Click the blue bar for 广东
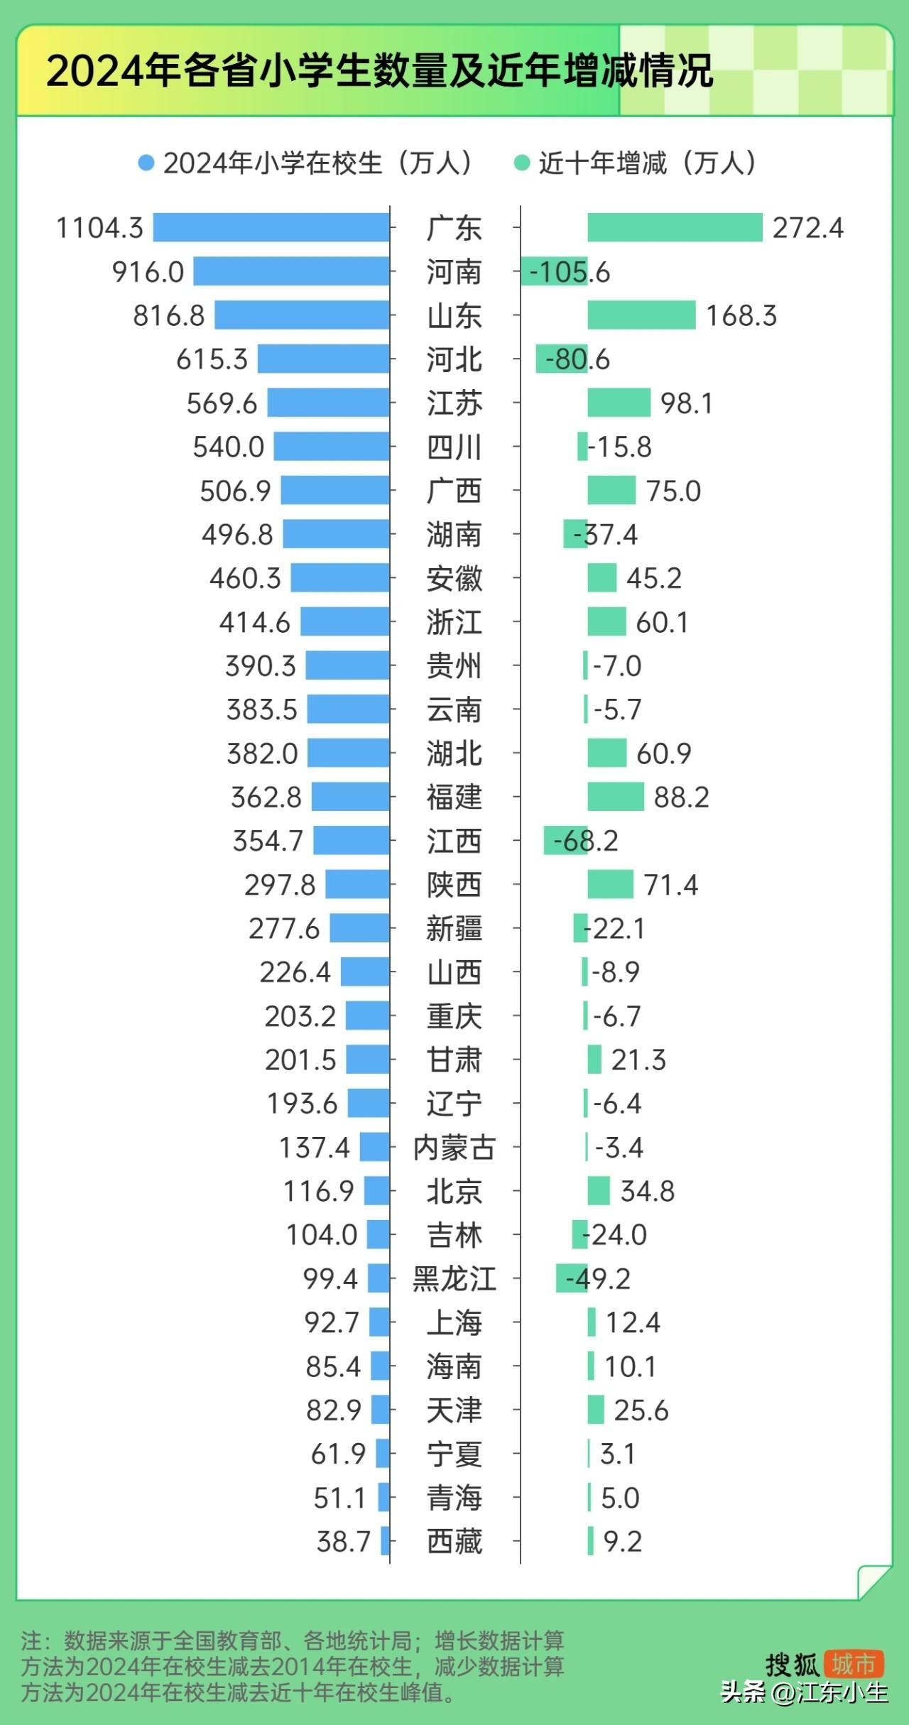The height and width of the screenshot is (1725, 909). coord(271,228)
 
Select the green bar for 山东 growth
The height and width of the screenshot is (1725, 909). coord(641,315)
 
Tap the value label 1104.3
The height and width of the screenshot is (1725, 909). coord(99,228)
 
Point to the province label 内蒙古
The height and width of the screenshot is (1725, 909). coord(454,1148)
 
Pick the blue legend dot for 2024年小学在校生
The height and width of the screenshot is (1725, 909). coord(146,163)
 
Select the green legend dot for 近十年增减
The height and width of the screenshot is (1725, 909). coord(522,163)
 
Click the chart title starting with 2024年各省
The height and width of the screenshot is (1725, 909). coord(379,71)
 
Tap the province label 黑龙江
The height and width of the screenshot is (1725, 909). coord(454,1279)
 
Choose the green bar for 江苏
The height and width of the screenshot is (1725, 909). coord(619,403)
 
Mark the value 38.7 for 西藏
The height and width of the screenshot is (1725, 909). coord(344,1542)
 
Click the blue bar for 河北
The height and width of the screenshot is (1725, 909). coord(323,359)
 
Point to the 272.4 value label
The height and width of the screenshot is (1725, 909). coord(808,228)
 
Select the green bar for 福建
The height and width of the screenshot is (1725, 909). coord(616,797)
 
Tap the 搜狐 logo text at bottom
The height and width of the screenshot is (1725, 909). coord(793,1665)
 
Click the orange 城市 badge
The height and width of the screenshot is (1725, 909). coord(853,1664)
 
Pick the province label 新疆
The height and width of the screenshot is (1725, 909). coord(454,929)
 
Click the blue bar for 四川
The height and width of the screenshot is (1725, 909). coord(332,447)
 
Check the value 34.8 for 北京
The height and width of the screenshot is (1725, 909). coord(647,1191)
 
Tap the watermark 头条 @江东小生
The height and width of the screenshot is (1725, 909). coord(804,1693)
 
